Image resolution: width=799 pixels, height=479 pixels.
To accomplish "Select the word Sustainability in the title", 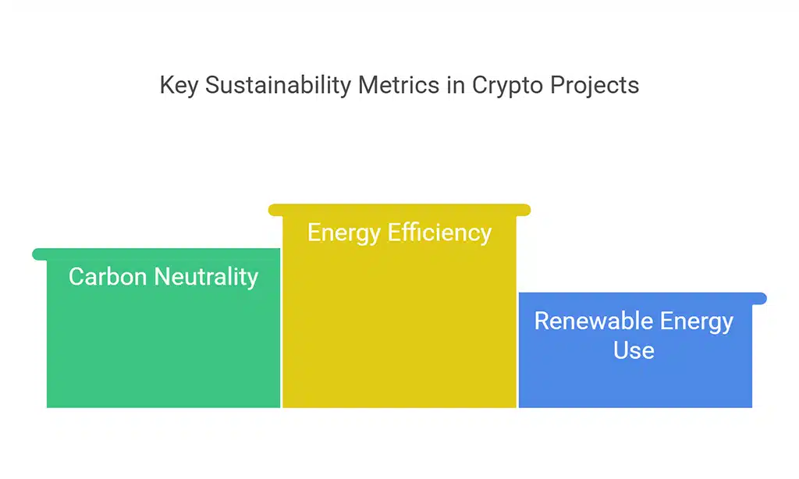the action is pos(279,85).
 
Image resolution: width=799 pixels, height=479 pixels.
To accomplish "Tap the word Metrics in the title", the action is pos(399,84).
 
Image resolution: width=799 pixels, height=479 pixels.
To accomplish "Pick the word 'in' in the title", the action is pos(456,84).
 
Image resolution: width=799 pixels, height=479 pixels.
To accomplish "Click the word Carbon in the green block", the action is pos(108,277).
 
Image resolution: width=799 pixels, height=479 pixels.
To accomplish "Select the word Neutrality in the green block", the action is pos(206,278).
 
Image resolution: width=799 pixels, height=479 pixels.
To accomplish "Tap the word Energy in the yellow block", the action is pos(344,233).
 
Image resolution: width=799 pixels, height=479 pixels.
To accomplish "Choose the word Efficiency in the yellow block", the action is pos(439,233).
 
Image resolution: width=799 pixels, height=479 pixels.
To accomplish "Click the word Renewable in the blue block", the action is pos(594,321).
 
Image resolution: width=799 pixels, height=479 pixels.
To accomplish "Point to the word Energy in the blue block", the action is pos(697,322).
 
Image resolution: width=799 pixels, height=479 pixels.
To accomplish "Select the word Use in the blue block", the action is pos(634,350).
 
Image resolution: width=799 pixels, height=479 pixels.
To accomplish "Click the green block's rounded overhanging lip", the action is pos(40,254).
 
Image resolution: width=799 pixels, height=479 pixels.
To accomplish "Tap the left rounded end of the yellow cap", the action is pos(275,210).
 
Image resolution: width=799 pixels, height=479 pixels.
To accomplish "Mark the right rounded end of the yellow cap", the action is pos(524,210).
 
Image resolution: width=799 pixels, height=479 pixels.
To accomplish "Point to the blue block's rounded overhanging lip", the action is pos(759,299).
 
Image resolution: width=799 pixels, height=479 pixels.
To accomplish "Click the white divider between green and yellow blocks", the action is pos(281,328).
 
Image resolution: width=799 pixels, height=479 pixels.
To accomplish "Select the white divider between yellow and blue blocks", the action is pos(517,350).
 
